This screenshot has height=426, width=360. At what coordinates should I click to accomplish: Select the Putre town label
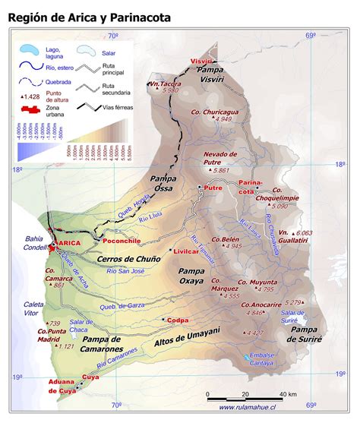click(213, 187)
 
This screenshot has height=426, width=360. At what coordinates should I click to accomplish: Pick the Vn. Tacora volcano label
click(165, 83)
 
